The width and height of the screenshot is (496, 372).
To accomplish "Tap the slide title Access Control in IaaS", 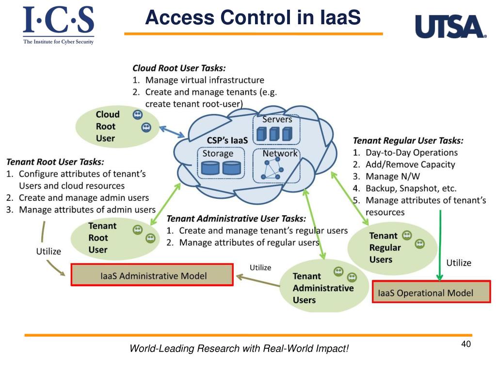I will point(253,18).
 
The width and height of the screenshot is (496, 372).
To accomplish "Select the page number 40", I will point(466,344).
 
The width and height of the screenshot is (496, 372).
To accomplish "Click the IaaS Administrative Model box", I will point(152,275).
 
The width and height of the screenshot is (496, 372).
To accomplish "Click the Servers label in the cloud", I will point(277,119).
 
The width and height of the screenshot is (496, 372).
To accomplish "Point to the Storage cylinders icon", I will point(221,168).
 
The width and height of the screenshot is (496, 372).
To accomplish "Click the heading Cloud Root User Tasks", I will point(179,68).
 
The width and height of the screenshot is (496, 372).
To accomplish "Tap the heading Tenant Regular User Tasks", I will point(408,141).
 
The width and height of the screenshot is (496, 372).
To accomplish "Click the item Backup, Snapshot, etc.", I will point(411,188).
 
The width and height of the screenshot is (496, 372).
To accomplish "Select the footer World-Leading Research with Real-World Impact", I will point(239,348).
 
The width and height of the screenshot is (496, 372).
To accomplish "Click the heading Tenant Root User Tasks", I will point(55,162).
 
